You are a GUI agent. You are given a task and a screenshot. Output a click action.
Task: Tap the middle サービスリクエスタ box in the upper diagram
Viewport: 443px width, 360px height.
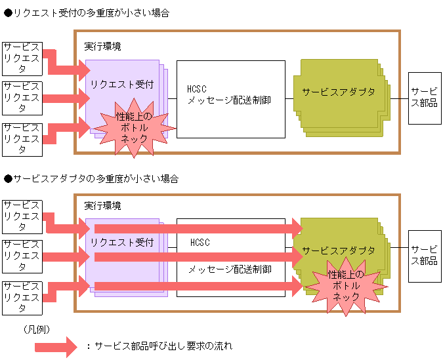(x=22, y=98)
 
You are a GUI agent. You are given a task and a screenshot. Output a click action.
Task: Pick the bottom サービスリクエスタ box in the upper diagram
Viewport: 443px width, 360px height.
(x=22, y=138)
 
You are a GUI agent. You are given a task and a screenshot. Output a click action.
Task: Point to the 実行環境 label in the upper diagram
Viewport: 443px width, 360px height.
(x=102, y=47)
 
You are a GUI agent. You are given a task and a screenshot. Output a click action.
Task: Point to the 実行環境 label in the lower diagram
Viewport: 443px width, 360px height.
(x=102, y=206)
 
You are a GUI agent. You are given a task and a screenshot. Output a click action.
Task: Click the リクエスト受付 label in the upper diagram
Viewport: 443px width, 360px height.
(x=122, y=85)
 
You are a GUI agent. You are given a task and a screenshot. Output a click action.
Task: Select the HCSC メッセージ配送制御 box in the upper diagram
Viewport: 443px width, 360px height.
(x=230, y=99)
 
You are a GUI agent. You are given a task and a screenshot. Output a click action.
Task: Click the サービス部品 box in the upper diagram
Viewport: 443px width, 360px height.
(x=424, y=98)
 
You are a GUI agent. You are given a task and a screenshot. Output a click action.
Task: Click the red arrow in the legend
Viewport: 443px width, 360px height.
(x=60, y=346)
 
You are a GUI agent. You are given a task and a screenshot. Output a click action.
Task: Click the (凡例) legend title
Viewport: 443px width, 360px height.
(x=36, y=329)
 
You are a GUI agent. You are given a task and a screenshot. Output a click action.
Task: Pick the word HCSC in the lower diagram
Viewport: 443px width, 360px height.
(x=200, y=243)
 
